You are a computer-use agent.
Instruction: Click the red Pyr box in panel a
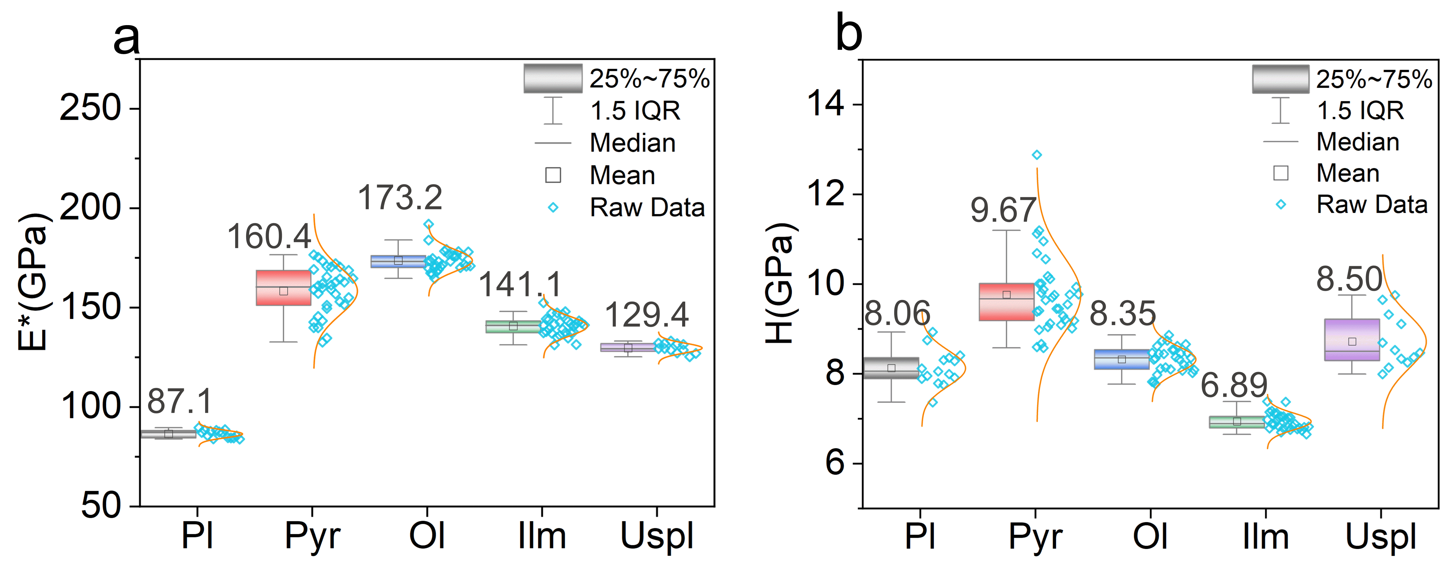283,288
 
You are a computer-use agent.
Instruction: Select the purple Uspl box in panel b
1351,340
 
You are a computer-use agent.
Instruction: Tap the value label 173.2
400,198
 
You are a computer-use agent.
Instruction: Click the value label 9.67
1003,210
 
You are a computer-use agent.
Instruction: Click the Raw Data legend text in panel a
647,208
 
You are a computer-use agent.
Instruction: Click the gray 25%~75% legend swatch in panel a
553,78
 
